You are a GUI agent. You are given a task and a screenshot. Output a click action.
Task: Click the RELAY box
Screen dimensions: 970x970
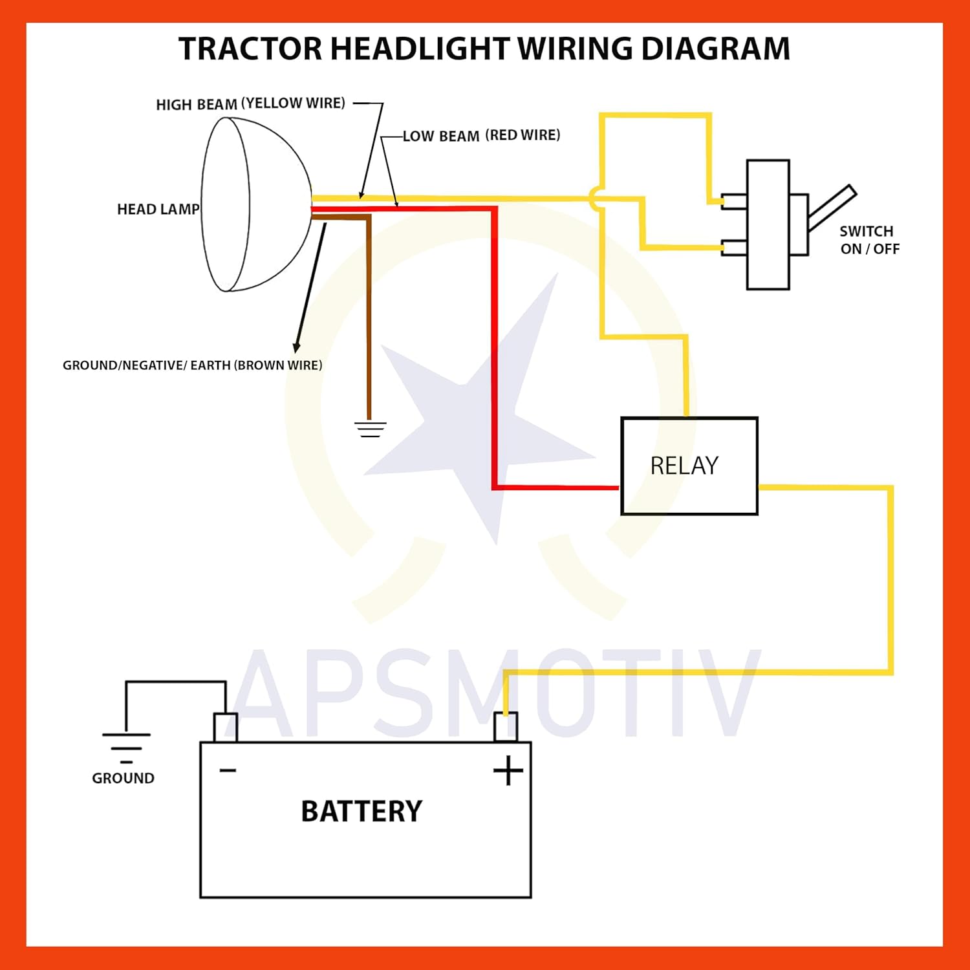click(x=689, y=466)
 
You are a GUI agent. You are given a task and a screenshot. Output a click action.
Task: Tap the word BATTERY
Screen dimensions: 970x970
click(x=361, y=811)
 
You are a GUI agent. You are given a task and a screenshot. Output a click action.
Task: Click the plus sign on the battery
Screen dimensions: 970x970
click(x=508, y=771)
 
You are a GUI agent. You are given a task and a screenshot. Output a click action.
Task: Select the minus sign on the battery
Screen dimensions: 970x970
click(x=228, y=770)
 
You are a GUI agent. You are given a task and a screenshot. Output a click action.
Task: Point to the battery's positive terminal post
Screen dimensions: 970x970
click(x=506, y=727)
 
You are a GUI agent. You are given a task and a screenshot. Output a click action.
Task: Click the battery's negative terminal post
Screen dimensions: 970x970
click(x=226, y=727)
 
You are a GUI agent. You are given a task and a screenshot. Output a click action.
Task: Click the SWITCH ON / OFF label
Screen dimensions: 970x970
click(x=869, y=240)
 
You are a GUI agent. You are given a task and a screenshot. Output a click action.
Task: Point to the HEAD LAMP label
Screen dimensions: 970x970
click(x=158, y=209)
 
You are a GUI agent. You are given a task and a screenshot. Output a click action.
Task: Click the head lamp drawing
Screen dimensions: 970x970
click(x=255, y=204)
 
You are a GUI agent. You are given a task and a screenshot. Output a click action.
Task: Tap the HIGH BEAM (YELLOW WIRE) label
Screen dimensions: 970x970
click(x=250, y=103)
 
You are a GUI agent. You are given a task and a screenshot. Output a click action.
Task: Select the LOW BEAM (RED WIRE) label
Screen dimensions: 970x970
click(x=481, y=135)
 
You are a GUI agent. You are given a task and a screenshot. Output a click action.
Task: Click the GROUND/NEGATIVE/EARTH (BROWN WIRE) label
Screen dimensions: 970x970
click(x=192, y=365)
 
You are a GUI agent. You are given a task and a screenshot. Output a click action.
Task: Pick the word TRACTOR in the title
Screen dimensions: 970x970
click(x=250, y=49)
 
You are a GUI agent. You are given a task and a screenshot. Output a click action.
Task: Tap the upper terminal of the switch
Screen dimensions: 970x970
click(x=734, y=202)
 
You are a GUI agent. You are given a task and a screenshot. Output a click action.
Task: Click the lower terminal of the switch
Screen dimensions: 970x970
click(x=734, y=248)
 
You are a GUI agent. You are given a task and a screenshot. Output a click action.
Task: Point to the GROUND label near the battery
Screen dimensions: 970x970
click(x=123, y=778)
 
